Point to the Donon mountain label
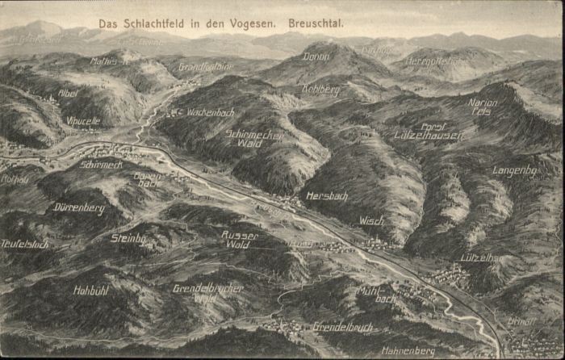coord(316,57)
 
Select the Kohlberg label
coord(320,90)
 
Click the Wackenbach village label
coord(210,112)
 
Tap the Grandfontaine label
coord(206,67)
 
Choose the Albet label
coord(68,94)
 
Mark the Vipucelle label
coord(83,120)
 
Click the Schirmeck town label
coord(101,165)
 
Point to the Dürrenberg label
coord(79,208)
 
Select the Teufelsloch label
coord(24,243)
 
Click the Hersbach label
coord(327,196)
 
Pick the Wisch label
coord(371,220)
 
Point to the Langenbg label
coord(514,171)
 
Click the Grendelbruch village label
coord(342,328)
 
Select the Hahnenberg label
coord(408,351)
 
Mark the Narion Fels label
coord(482,107)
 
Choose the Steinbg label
coord(128,239)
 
